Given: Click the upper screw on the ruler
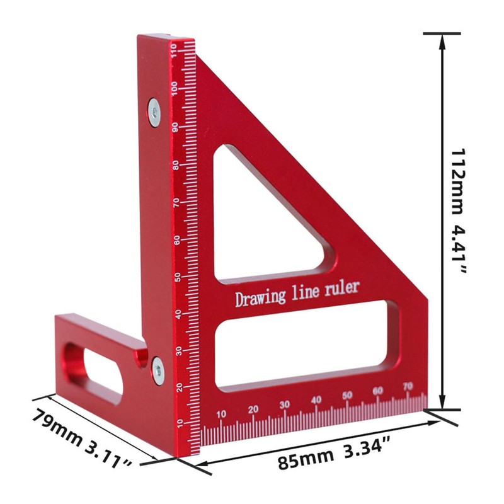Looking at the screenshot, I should [x=154, y=112].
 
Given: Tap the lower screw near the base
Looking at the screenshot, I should [x=157, y=369].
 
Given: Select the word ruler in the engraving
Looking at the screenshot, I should [x=343, y=288].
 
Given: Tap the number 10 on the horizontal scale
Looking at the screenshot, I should [x=221, y=414].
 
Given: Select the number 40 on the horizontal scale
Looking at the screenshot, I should [x=316, y=399].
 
